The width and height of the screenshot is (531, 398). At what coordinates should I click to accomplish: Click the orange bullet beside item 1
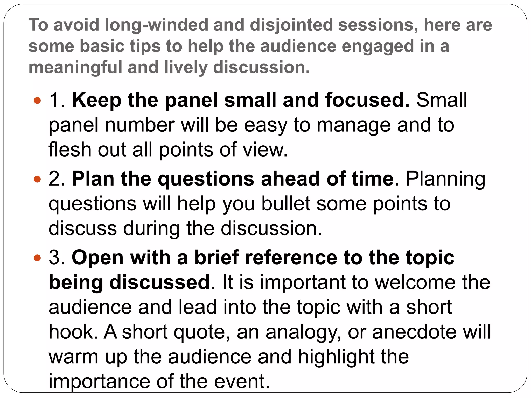(38, 100)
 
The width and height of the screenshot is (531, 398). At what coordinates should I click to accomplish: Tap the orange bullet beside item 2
(38, 179)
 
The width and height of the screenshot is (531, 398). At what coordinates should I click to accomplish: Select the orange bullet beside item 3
(38, 258)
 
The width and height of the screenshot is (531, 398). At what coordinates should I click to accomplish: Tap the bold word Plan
(93, 179)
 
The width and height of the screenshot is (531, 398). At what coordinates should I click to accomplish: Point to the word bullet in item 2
(286, 204)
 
